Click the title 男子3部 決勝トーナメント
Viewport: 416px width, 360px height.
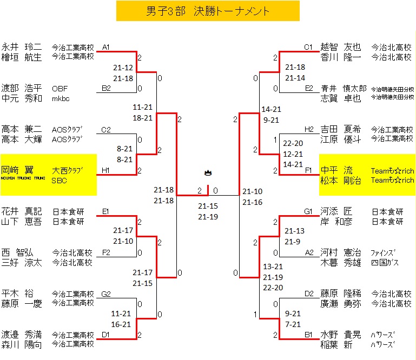click(x=208, y=11)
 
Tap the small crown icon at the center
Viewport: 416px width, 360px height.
click(x=208, y=173)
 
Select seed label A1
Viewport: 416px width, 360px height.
click(x=106, y=47)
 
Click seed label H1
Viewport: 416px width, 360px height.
click(x=106, y=170)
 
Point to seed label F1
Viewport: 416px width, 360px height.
click(x=308, y=170)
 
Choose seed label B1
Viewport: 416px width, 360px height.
click(x=308, y=335)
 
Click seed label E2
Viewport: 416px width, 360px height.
click(x=308, y=88)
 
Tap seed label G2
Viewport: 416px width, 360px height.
click(x=106, y=294)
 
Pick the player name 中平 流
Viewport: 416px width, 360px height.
click(x=336, y=171)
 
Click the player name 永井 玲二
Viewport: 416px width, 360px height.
click(x=22, y=47)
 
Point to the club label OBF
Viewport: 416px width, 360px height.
click(x=60, y=88)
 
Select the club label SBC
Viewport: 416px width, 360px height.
click(x=59, y=181)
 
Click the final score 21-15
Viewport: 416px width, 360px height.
click(x=208, y=206)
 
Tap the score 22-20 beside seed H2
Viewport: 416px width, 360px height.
click(x=293, y=143)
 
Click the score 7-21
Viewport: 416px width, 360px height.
click(x=293, y=324)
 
